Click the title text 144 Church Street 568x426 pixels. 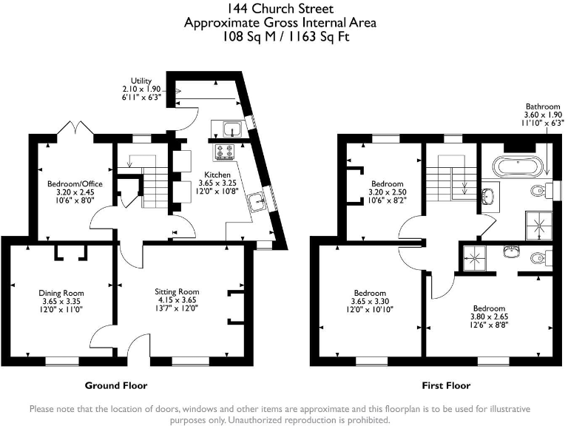coord(280,9)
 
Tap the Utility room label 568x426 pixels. coord(141,81)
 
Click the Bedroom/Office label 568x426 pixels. coord(70,183)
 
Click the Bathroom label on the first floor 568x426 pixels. coord(544,106)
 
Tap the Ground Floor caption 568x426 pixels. coord(116,385)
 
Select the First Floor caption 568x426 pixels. coord(446,385)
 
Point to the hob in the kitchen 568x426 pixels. coord(224,152)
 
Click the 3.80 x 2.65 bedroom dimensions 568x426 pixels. coord(489,317)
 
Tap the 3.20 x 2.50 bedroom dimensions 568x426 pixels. coord(387,192)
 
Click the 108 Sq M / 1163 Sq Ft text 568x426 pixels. coord(280,35)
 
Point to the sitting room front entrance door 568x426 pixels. coord(135,348)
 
